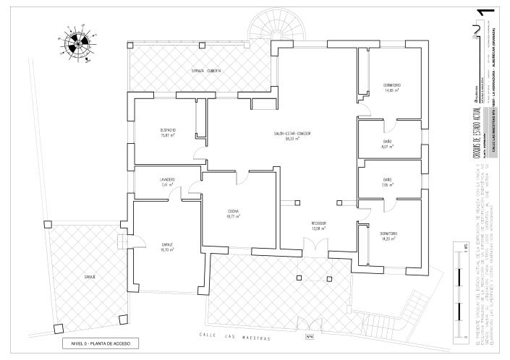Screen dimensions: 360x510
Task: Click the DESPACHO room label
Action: (x=169, y=130)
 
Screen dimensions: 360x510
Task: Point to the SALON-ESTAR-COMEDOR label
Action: (x=292, y=134)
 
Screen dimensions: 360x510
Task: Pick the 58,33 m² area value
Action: (x=292, y=140)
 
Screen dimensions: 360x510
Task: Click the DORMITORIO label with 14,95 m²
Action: (x=392, y=85)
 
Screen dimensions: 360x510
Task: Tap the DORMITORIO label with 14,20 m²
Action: (x=388, y=233)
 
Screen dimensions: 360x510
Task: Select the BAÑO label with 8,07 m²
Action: (x=387, y=141)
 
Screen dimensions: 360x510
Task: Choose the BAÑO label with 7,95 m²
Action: (x=387, y=179)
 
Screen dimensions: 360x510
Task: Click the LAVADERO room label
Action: (x=168, y=179)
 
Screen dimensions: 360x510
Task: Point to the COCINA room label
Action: (x=233, y=211)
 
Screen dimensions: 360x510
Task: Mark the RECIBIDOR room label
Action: (x=319, y=223)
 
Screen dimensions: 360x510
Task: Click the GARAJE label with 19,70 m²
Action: (x=168, y=244)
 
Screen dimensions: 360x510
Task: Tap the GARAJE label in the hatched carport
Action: (x=90, y=276)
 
